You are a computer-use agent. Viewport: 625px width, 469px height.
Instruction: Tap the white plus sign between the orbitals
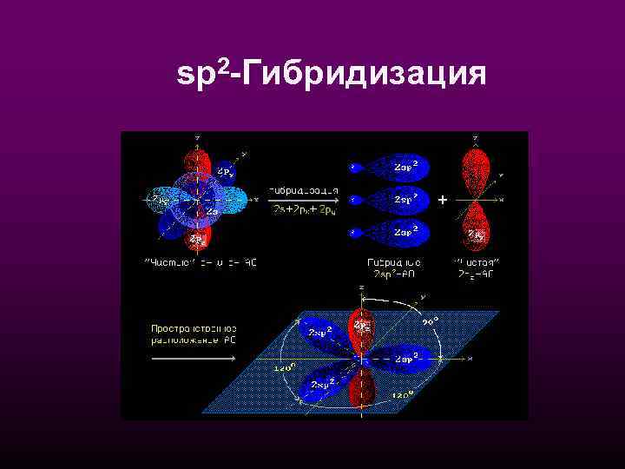[x=443, y=201]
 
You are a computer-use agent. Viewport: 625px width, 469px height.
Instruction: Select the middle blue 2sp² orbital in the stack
[x=395, y=200]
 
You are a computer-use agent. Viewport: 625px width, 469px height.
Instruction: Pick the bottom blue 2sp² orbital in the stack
[x=395, y=232]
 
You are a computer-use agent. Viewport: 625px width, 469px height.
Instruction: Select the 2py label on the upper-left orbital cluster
[x=224, y=172]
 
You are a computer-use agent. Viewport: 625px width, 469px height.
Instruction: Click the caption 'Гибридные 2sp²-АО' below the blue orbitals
[x=395, y=267]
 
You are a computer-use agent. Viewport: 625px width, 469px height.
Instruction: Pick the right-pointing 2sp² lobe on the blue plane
[x=405, y=358]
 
